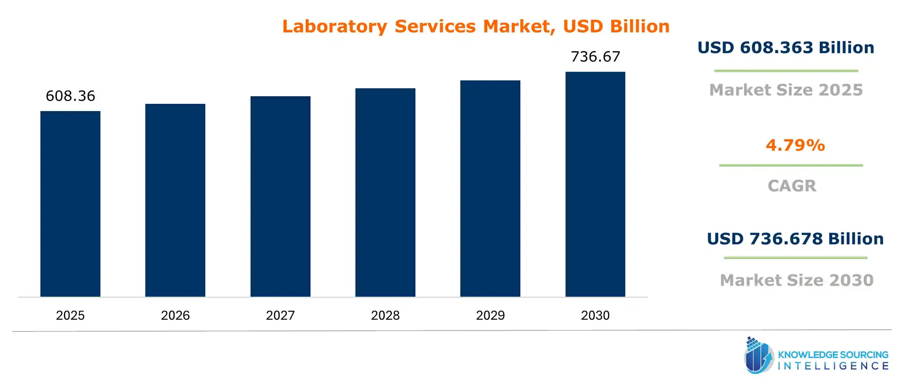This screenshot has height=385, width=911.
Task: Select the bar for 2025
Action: [x=70, y=204]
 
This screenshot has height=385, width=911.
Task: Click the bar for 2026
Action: [x=175, y=200]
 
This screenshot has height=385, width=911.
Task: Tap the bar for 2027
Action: [x=280, y=197]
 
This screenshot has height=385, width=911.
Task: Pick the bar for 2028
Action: [x=385, y=192]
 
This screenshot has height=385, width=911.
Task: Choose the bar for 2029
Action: [x=490, y=188]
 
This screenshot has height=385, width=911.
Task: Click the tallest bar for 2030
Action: [x=595, y=184]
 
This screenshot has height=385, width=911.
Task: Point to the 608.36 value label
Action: [x=70, y=96]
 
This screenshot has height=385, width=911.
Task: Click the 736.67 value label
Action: [x=595, y=57]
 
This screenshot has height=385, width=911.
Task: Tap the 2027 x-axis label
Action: [x=280, y=315]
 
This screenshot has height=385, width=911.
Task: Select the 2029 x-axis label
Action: [x=490, y=315]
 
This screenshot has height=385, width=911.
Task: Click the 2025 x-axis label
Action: [x=70, y=315]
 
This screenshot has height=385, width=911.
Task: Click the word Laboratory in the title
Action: [x=335, y=27]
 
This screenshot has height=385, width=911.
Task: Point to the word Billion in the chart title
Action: [x=640, y=27]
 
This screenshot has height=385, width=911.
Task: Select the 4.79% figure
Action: [x=795, y=145]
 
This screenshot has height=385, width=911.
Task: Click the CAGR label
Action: [x=792, y=186]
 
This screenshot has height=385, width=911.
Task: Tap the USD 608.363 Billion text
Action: [x=786, y=48]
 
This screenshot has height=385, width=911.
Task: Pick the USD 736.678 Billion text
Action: [x=795, y=239]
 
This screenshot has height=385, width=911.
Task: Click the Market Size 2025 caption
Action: [x=786, y=90]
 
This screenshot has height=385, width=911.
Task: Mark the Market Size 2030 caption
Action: [x=797, y=280]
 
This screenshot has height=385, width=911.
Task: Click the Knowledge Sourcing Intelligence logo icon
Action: [x=758, y=356]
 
